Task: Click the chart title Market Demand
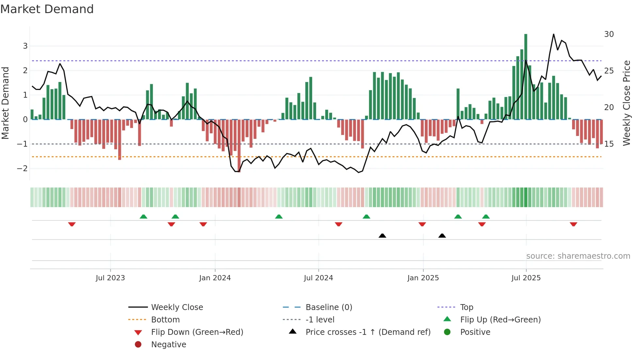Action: pyautogui.click(x=47, y=9)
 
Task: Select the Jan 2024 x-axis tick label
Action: pyautogui.click(x=215, y=278)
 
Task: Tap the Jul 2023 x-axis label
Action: pyautogui.click(x=110, y=278)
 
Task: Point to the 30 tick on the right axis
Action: pyautogui.click(x=609, y=34)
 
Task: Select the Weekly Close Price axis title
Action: pyautogui.click(x=626, y=103)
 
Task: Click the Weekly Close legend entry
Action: pyautogui.click(x=177, y=307)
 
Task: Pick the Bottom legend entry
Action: pyautogui.click(x=165, y=320)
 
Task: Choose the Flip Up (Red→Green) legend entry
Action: pyautogui.click(x=500, y=320)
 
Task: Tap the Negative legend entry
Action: pyautogui.click(x=168, y=345)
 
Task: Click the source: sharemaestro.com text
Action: pyautogui.click(x=578, y=256)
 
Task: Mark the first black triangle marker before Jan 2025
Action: pyautogui.click(x=382, y=236)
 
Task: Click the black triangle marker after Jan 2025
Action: pyautogui.click(x=442, y=236)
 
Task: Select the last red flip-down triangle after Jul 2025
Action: pyautogui.click(x=573, y=224)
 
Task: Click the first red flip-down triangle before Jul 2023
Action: pyautogui.click(x=72, y=224)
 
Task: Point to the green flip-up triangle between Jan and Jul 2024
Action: pyautogui.click(x=279, y=217)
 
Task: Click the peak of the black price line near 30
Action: pyautogui.click(x=553, y=34)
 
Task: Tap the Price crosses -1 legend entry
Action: pyautogui.click(x=368, y=332)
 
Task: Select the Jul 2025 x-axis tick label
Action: pyautogui.click(x=526, y=278)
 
